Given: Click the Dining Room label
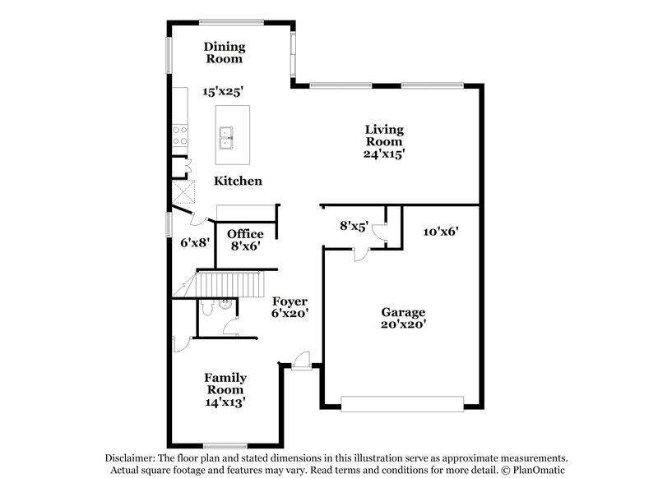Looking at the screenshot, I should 224,53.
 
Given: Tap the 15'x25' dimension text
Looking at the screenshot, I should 224,91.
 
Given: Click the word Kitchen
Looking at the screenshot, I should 239,181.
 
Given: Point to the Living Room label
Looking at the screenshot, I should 385,135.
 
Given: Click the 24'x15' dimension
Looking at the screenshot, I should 385,154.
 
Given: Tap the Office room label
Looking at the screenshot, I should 245,234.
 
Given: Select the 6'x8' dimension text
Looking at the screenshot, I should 196,242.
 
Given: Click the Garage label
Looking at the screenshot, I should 402,312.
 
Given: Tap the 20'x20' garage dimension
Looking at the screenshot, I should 402,324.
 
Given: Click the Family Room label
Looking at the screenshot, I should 225,384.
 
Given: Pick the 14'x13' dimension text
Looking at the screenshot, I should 225,402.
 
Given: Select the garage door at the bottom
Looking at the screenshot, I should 402,403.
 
